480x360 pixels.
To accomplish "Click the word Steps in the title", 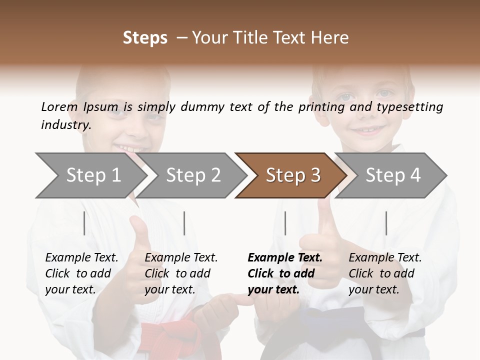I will click(x=145, y=38).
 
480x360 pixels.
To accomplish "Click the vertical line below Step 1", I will click(x=84, y=223).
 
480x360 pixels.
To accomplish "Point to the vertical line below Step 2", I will click(x=184, y=223).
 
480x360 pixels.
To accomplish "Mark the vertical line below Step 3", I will click(x=285, y=223).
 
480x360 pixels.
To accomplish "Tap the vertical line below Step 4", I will click(x=386, y=223).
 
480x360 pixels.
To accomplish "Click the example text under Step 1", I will click(x=81, y=273).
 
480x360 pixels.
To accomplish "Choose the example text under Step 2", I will click(x=181, y=273).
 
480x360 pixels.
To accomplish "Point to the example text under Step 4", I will click(x=385, y=273).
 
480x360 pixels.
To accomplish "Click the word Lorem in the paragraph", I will click(x=59, y=107).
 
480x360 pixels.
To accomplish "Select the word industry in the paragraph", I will click(x=65, y=125).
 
